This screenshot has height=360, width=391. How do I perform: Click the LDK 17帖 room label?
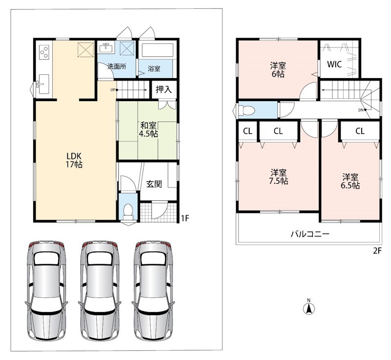click(x=74, y=160)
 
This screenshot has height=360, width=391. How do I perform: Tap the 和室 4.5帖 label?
click(x=149, y=129)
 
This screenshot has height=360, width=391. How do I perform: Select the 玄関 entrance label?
click(x=154, y=184)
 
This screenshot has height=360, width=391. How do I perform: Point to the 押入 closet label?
click(x=164, y=89)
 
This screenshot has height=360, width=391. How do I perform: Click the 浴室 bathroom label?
click(x=154, y=68)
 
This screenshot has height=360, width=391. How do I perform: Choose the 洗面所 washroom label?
click(x=117, y=66)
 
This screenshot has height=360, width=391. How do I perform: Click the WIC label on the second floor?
click(x=334, y=64)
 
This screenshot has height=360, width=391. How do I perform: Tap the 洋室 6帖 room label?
click(x=278, y=70)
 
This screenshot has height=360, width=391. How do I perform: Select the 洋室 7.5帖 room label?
click(x=278, y=177)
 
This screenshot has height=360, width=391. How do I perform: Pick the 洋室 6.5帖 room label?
click(x=350, y=181)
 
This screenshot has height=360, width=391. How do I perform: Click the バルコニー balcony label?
click(x=310, y=234)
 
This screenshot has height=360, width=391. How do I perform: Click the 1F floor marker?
click(x=185, y=218)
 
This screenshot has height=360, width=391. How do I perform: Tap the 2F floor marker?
click(x=377, y=251)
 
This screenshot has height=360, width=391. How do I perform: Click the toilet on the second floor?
click(x=246, y=110)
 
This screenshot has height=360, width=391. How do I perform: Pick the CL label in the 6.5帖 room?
click(x=360, y=131)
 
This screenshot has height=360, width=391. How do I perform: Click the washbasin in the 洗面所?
click(x=106, y=47)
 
